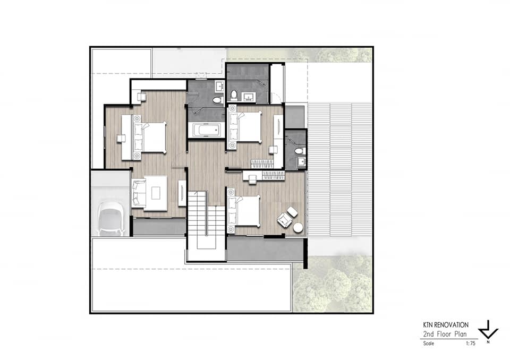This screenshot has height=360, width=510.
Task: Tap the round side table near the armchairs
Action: (298, 228)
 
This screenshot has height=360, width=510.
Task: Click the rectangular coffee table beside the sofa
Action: (156, 193)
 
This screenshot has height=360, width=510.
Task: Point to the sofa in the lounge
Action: (139, 193)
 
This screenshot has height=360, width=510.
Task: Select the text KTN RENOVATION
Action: (446, 325)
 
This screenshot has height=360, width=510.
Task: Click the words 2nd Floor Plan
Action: (445, 334)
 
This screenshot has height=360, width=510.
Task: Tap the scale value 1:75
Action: (470, 344)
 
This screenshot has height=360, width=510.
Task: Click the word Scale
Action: (428, 344)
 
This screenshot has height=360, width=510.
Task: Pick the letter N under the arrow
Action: (488, 342)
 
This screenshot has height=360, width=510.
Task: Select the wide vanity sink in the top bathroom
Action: (249, 97)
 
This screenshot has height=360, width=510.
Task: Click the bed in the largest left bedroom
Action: (149, 137)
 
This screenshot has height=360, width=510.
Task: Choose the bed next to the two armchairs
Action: (244, 211)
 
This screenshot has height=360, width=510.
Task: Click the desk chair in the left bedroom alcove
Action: (141, 97)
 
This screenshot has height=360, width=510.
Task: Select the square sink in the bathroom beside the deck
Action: (301, 162)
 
